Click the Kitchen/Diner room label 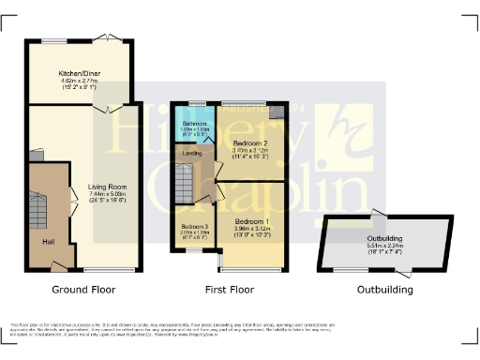pos(79,72)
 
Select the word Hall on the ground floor pos(48,241)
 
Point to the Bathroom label pos(194,124)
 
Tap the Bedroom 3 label pos(194,227)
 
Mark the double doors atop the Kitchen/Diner pos(110,38)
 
